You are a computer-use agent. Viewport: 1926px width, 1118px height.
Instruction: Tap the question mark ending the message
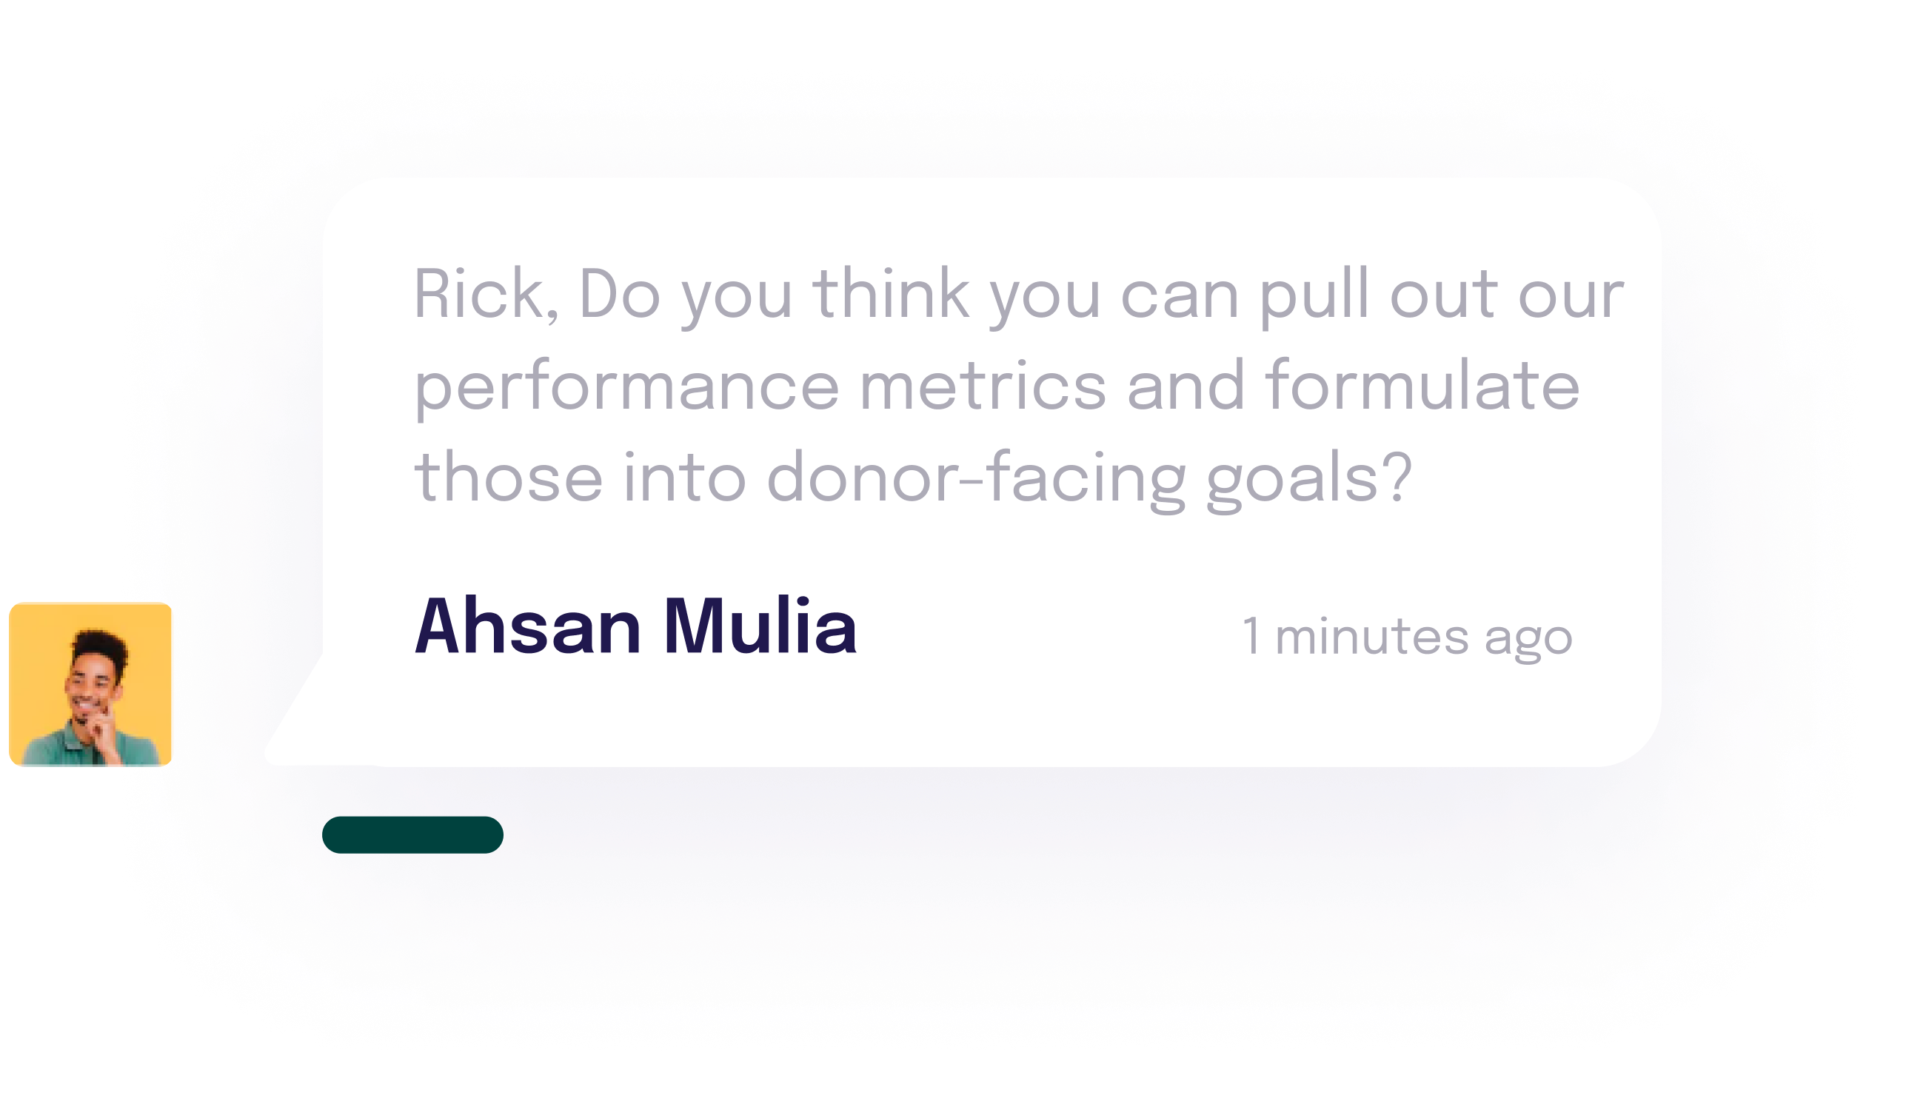(1397, 475)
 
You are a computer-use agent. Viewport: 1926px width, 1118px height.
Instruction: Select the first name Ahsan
(527, 625)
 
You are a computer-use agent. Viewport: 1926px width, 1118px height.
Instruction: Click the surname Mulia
(760, 625)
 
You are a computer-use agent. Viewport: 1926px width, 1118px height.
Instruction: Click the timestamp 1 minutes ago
(1407, 637)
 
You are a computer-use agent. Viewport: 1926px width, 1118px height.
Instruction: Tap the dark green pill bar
(412, 834)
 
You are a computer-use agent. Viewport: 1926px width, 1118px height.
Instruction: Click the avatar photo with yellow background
(90, 684)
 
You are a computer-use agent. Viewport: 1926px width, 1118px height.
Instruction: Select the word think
(891, 293)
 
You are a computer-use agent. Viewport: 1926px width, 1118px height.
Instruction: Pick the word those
(509, 478)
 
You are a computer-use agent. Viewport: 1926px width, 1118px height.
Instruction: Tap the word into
(685, 478)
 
